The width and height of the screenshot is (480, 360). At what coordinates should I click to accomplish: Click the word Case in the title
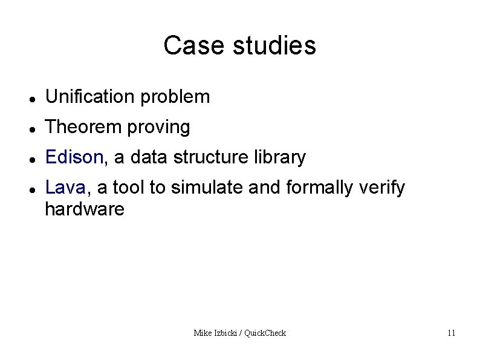pyautogui.click(x=186, y=45)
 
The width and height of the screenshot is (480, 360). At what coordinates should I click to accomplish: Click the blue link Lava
pyautogui.click(x=65, y=188)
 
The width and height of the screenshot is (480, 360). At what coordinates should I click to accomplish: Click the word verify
pyautogui.click(x=382, y=188)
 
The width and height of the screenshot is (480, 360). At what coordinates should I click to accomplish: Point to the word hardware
pyautogui.click(x=85, y=209)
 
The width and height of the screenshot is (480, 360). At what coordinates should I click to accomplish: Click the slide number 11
pyautogui.click(x=451, y=333)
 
